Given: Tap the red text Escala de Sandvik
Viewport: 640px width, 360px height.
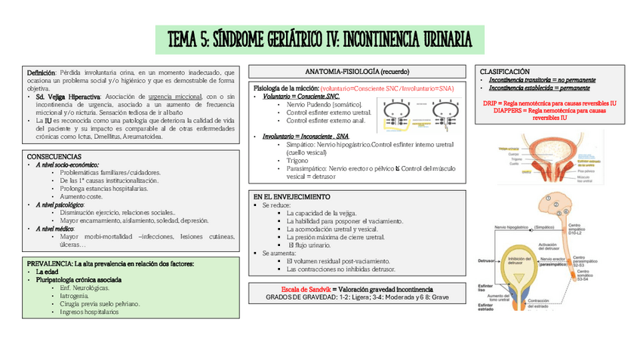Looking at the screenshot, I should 308,289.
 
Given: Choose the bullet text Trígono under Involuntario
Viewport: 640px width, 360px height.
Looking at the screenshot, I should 298,161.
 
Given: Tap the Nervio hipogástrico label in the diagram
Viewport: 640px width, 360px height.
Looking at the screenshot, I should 510,226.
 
